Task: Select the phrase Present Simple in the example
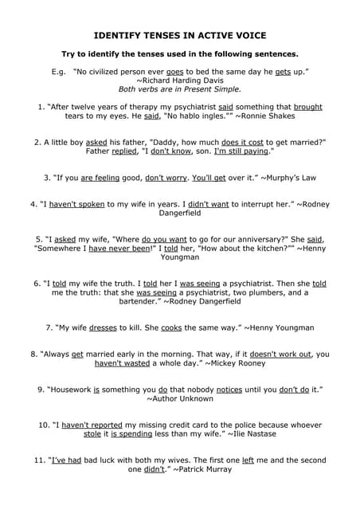[210, 90]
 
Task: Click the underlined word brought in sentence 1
[308, 106]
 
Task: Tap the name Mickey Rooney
[239, 363]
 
